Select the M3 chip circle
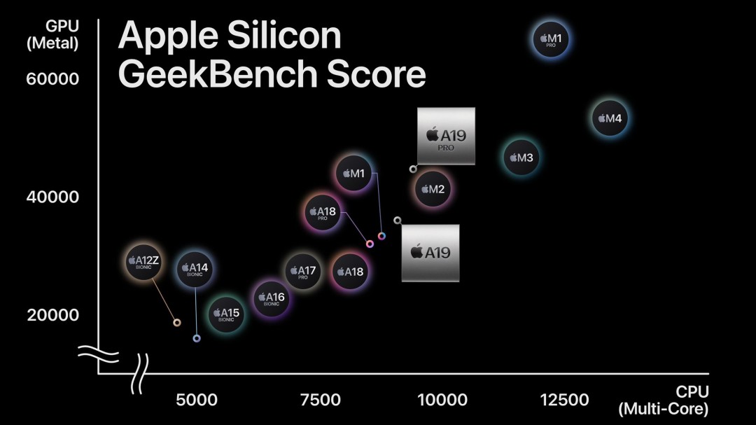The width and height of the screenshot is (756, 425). click(x=521, y=157)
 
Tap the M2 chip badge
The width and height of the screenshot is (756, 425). click(x=432, y=188)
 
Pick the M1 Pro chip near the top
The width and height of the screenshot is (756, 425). click(x=551, y=39)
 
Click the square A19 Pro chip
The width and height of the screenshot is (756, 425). click(x=446, y=136)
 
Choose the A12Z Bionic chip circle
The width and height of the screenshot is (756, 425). click(x=143, y=263)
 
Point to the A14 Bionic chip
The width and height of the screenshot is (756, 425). click(x=194, y=269)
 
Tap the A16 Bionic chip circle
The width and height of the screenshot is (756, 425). click(x=272, y=299)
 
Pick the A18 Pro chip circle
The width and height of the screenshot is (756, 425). click(x=323, y=213)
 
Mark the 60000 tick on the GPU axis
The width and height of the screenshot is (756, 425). click(x=52, y=78)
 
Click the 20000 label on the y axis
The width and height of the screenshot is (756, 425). click(x=52, y=315)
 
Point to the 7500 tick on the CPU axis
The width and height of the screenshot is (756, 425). click(x=320, y=400)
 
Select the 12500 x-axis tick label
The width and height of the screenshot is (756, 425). click(x=564, y=400)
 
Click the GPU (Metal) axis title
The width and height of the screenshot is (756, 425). click(x=52, y=34)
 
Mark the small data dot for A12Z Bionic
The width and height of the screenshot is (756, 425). click(x=177, y=323)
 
